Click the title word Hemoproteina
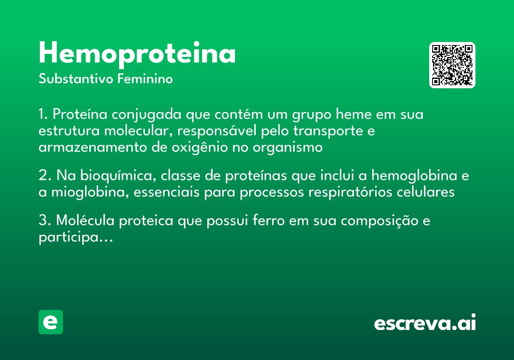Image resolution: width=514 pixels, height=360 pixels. (137, 54)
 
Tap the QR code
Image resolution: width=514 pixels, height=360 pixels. (452, 65)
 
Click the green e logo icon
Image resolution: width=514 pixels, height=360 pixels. (51, 322)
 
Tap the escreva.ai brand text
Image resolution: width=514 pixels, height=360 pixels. (425, 323)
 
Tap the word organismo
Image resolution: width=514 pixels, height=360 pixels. (287, 147)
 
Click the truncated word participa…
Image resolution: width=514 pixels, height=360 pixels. (75, 237)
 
